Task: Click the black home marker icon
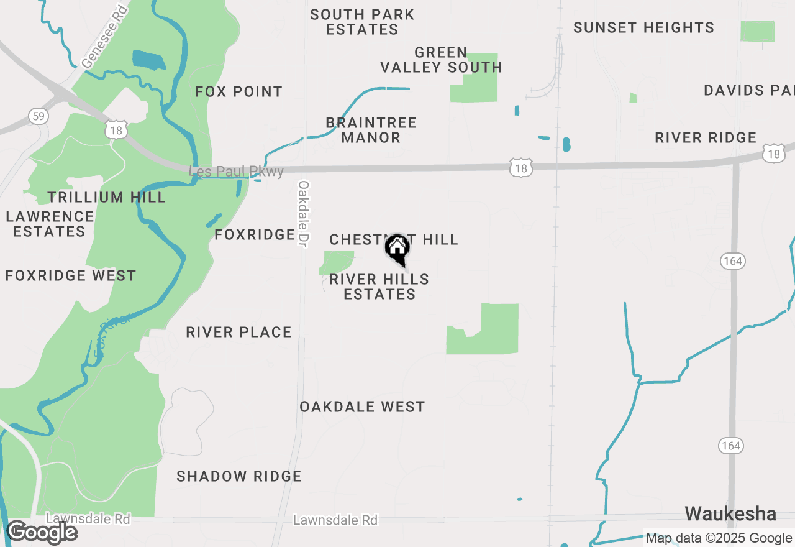tap(397, 248)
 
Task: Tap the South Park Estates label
tap(362, 22)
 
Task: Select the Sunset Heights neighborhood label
tap(643, 27)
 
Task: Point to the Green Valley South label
tap(441, 60)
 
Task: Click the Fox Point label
tap(239, 91)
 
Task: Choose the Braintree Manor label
tap(371, 130)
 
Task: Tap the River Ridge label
tap(706, 137)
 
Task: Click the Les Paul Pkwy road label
tap(237, 171)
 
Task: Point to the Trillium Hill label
tap(107, 197)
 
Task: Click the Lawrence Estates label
tap(50, 224)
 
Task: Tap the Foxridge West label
tap(71, 275)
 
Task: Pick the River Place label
tap(239, 332)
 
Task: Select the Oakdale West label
tap(362, 407)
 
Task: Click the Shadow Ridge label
tap(239, 476)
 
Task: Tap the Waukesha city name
tap(730, 513)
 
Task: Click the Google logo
tap(42, 532)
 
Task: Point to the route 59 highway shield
tap(38, 116)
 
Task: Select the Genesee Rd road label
tap(104, 37)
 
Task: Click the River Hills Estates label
tap(379, 287)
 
